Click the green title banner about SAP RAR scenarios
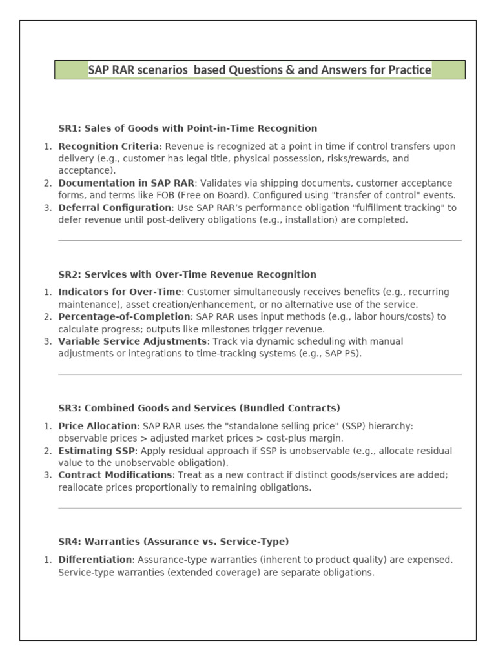pyautogui.click(x=260, y=70)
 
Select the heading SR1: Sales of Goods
pyautogui.click(x=187, y=128)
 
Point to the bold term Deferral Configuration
pyautogui.click(x=114, y=208)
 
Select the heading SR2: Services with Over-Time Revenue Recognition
pyautogui.click(x=187, y=274)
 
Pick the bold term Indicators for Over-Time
pyautogui.click(x=120, y=292)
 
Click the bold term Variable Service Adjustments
pyautogui.click(x=132, y=341)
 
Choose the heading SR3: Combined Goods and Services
pyautogui.click(x=199, y=408)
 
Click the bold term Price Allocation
pyautogui.click(x=98, y=426)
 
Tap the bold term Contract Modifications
pyautogui.click(x=115, y=475)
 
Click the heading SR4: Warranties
pyautogui.click(x=173, y=542)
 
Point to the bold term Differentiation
pyautogui.click(x=94, y=560)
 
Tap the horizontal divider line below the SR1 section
pyautogui.click(x=260, y=241)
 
